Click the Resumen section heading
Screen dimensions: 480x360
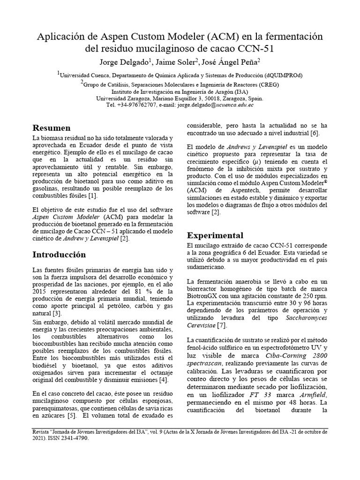point(52,128)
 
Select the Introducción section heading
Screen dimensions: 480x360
point(59,255)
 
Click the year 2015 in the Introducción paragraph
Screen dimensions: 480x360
point(41,292)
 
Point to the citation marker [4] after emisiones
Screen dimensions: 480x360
point(163,379)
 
